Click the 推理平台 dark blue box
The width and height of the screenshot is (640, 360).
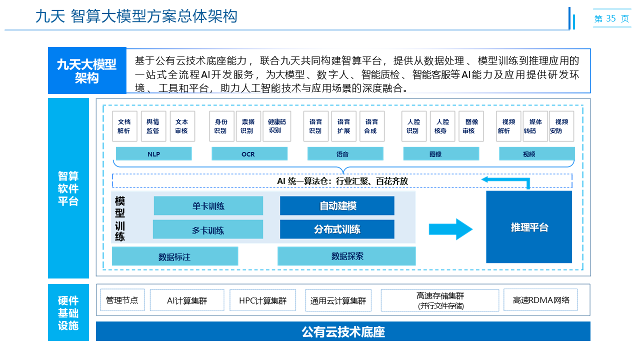pyautogui.click(x=529, y=227)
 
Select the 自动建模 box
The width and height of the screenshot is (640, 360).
pyautogui.click(x=337, y=206)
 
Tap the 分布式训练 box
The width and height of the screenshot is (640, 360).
pyautogui.click(x=337, y=229)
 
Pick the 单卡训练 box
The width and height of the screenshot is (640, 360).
pyautogui.click(x=208, y=206)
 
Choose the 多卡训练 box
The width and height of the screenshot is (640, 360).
pyautogui.click(x=208, y=230)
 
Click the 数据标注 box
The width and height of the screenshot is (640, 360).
pyautogui.click(x=174, y=256)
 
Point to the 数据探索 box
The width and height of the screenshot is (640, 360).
pyautogui.click(x=347, y=256)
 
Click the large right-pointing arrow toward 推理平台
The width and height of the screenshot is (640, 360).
pyautogui.click(x=450, y=229)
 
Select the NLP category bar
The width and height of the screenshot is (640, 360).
pyautogui.click(x=153, y=154)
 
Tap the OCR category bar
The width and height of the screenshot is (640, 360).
pyautogui.click(x=249, y=154)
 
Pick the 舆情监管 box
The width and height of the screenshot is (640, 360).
pyautogui.click(x=152, y=126)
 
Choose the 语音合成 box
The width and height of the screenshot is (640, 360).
pyautogui.click(x=370, y=126)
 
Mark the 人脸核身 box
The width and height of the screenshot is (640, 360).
pyautogui.click(x=442, y=126)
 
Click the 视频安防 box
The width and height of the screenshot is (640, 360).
pyautogui.click(x=561, y=126)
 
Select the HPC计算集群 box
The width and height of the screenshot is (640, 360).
pyautogui.click(x=263, y=300)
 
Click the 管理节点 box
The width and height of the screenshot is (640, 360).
pyautogui.click(x=122, y=300)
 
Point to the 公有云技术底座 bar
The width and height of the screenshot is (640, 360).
pyautogui.click(x=343, y=331)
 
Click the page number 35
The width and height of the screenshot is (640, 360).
pyautogui.click(x=610, y=18)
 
